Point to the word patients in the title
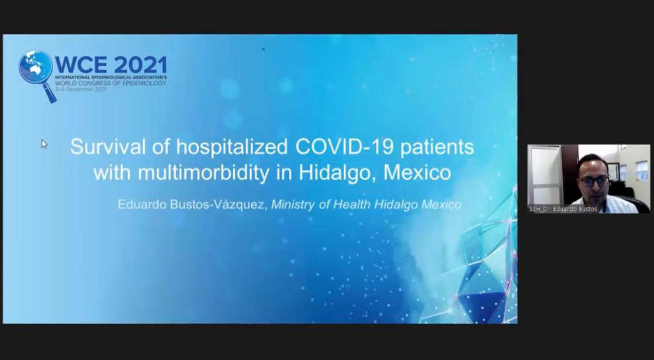click(x=439, y=146)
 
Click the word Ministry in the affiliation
click(x=293, y=204)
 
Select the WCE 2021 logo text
click(x=111, y=64)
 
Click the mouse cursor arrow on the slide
click(x=44, y=143)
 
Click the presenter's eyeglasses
click(x=594, y=181)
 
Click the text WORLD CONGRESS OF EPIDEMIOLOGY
click(x=110, y=83)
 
